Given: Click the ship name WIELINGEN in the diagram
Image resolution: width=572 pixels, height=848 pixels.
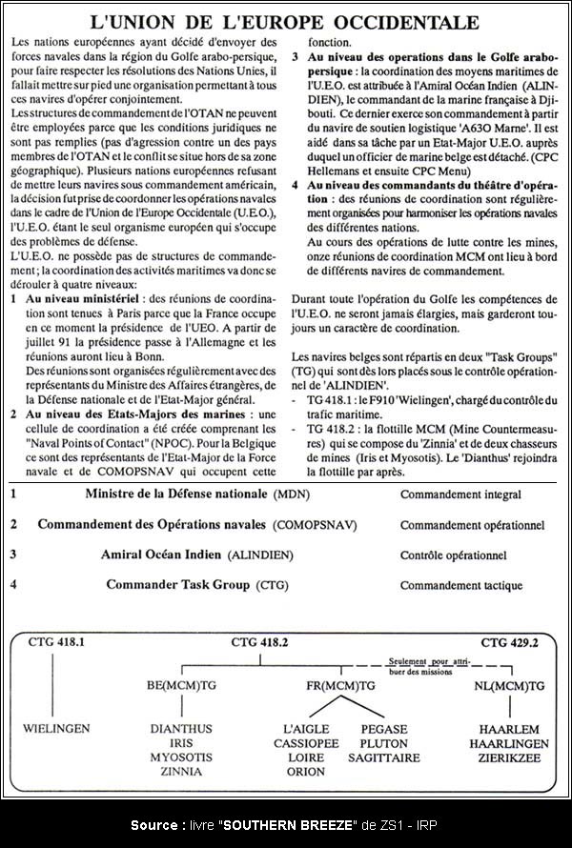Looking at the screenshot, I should (57, 729).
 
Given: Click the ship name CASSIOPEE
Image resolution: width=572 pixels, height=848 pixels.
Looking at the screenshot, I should (304, 743).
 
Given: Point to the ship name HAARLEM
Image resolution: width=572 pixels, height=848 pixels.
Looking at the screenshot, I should (509, 729).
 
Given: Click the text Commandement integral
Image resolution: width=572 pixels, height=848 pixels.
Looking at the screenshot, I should (460, 495).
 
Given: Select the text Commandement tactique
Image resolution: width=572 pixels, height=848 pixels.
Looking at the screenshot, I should (461, 585).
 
